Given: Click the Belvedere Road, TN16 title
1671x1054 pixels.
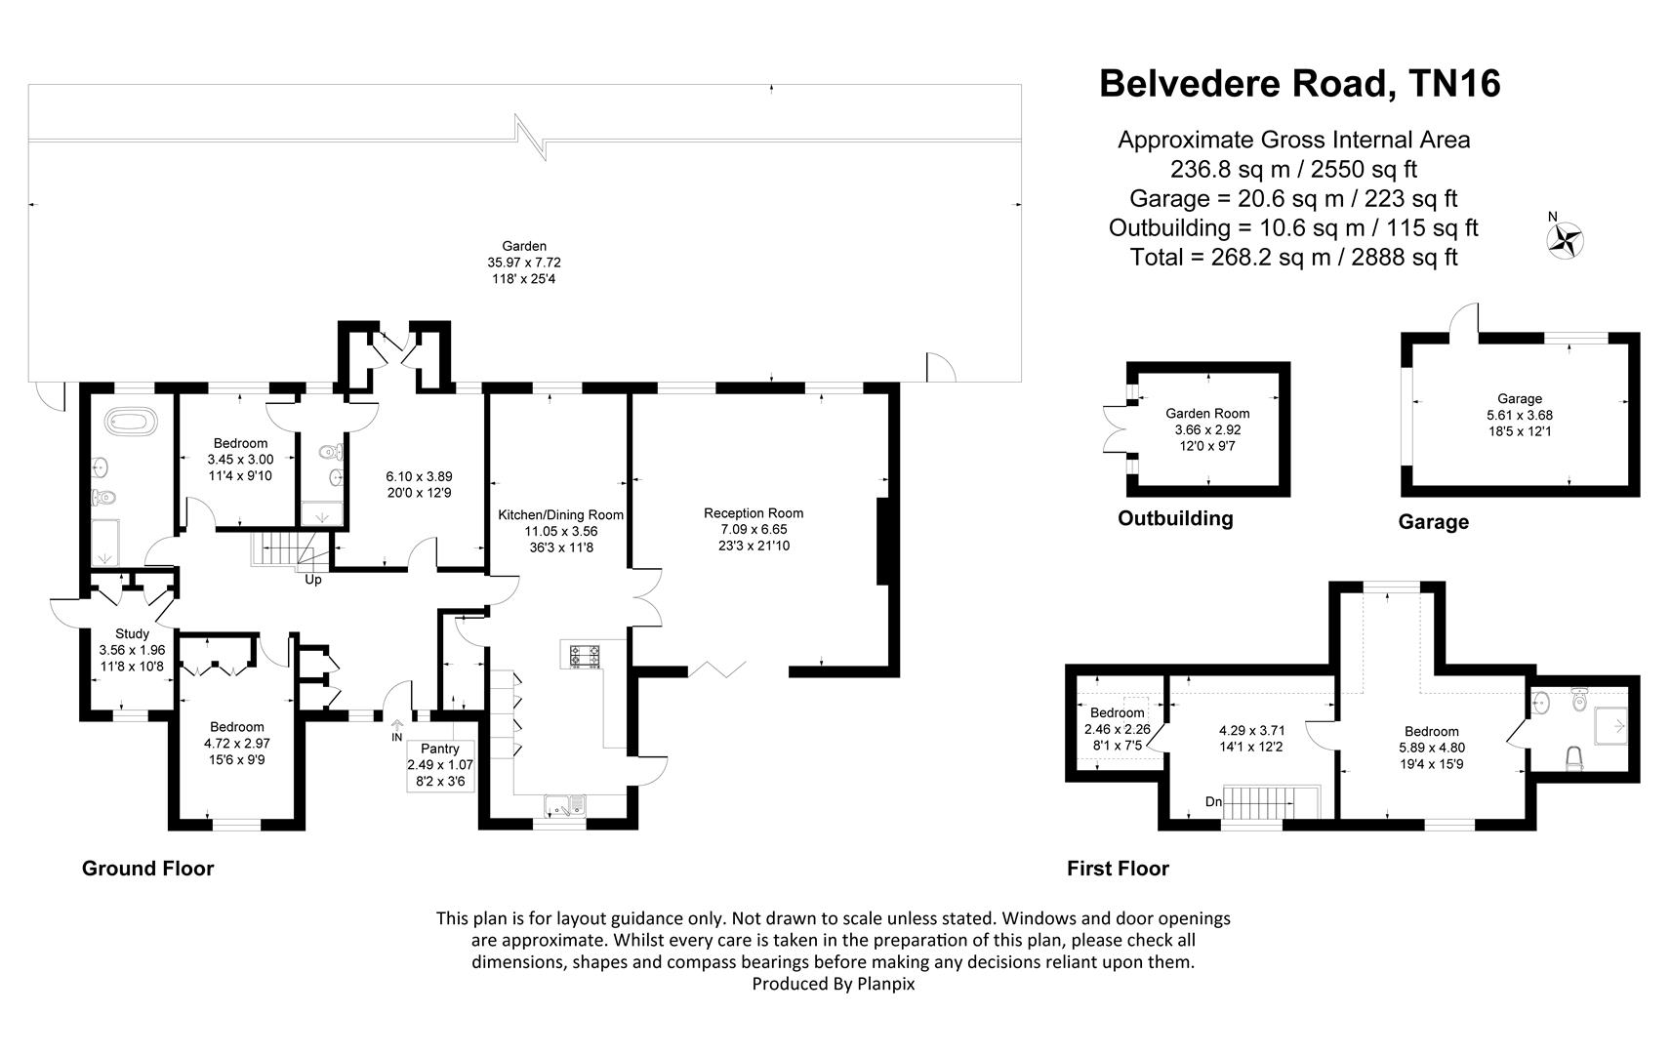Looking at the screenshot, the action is click(1299, 84).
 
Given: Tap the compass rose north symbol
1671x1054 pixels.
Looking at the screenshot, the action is click(1565, 240).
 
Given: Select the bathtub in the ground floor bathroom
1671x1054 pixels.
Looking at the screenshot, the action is click(132, 422).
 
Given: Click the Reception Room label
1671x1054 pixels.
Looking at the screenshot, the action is click(754, 513).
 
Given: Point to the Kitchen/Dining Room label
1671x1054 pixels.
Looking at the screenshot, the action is click(560, 514).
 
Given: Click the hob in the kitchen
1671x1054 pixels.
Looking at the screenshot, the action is click(585, 657).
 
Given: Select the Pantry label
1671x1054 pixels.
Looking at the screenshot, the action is click(439, 749).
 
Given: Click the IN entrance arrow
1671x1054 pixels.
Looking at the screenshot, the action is click(397, 725).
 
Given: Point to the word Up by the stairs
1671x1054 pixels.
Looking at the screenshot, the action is click(313, 580).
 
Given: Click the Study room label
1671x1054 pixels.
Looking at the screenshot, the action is click(132, 633).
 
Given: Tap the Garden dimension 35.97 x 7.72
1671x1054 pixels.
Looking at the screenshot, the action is click(524, 263).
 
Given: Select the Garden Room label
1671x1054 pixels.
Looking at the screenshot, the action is click(1207, 413).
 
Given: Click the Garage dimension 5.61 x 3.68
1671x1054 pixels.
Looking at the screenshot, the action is click(1520, 415).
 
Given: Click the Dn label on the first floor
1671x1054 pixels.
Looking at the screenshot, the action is click(1213, 802).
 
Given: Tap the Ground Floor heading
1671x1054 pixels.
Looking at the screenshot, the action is click(147, 869).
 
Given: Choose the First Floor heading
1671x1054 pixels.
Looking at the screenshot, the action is click(1118, 869).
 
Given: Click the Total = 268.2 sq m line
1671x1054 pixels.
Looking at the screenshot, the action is click(1293, 258).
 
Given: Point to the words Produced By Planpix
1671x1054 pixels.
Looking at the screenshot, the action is click(834, 984).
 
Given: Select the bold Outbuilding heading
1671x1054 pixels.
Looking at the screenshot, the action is click(1175, 518).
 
